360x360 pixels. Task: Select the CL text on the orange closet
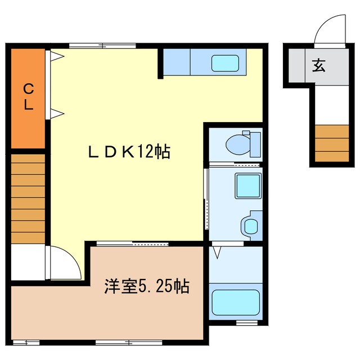(x=28, y=97)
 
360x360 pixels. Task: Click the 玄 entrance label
(x=318, y=66)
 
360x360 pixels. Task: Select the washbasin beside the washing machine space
(x=250, y=226)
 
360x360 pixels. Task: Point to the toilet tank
(x=255, y=143)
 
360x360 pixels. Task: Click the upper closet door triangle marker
(x=57, y=56)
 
